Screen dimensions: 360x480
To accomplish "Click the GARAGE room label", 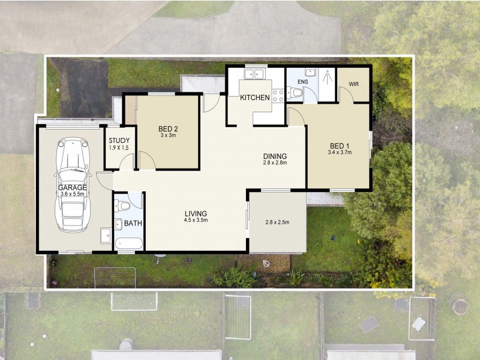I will tap(73, 187).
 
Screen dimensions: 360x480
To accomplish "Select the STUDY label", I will tap(119, 142).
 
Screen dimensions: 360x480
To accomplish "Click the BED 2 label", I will tap(169, 128).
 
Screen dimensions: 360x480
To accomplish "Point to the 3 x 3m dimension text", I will tap(169, 136).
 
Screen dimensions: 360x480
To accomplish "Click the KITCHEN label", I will tap(255, 98).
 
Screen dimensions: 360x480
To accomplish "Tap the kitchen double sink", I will tap(256, 74).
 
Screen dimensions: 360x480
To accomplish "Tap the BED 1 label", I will tap(339, 145).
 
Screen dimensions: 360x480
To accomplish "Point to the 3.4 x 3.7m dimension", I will tap(339, 152).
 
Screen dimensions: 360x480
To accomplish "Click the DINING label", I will tap(275, 157).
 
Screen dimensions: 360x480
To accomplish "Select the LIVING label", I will tap(196, 213).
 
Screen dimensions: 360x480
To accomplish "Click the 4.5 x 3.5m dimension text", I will tap(196, 220).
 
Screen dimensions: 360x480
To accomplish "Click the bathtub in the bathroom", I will tap(128, 244).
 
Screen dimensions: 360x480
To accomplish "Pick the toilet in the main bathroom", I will tap(123, 206).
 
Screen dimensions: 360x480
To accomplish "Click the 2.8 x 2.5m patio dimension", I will tap(277, 222).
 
